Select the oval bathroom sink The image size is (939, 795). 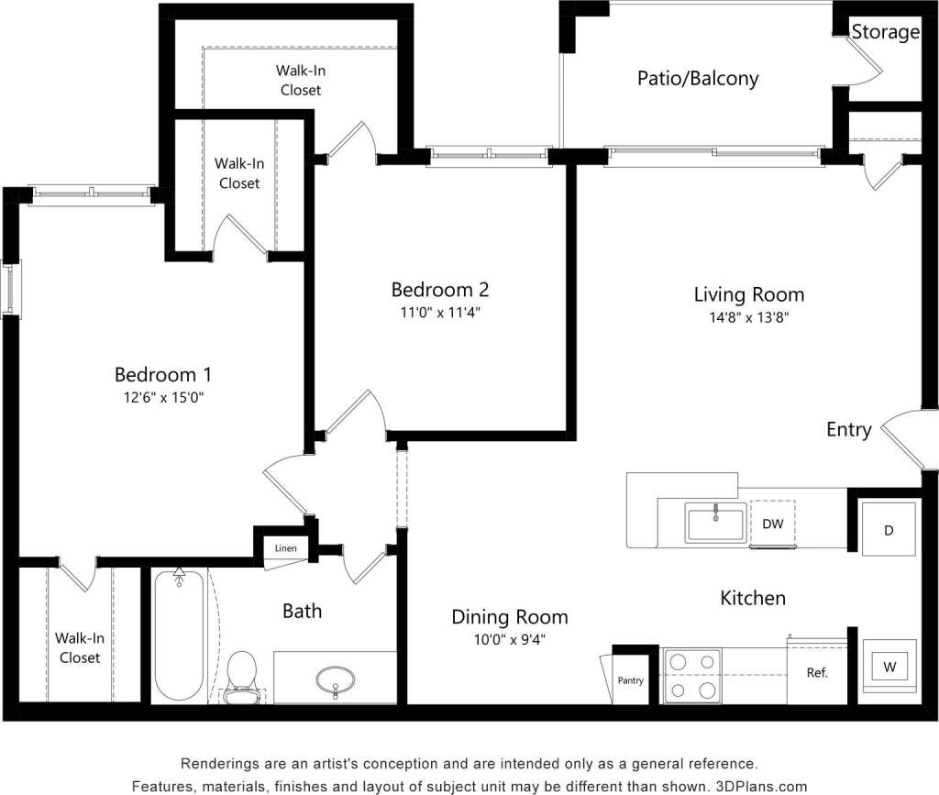[x=336, y=680]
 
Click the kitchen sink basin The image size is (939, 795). [x=716, y=523]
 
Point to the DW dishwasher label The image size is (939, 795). [x=772, y=523]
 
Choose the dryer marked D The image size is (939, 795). [x=888, y=530]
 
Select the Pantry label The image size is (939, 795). [x=630, y=680]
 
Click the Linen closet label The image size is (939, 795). [x=285, y=548]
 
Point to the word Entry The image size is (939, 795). [x=848, y=430]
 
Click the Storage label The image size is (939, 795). [x=885, y=33]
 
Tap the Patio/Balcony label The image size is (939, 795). [x=698, y=79]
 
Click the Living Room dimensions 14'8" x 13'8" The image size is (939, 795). [x=748, y=317]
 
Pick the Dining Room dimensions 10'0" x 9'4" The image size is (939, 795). [x=509, y=639]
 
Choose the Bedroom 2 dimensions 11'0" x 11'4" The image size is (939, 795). [x=439, y=312]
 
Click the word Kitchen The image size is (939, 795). [x=752, y=598]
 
